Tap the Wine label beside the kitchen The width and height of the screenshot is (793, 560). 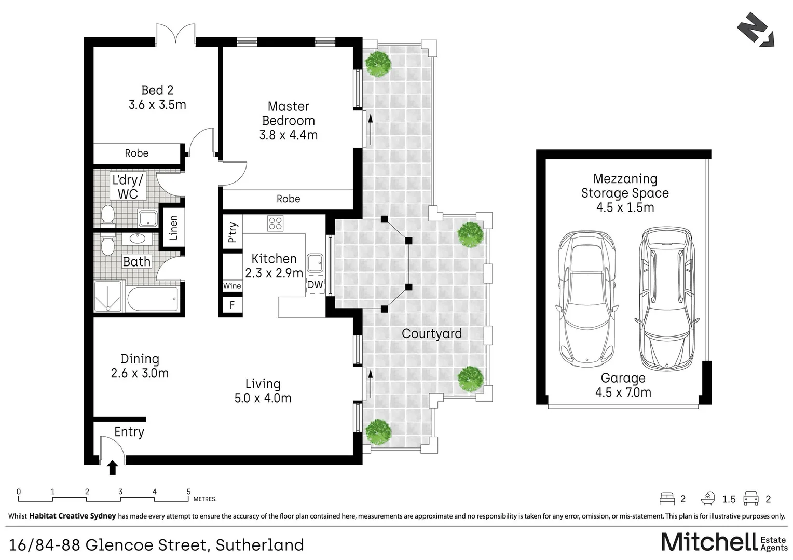pos(232,286)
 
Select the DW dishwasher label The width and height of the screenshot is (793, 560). pos(315,285)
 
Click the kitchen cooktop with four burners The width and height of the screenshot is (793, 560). pos(275,223)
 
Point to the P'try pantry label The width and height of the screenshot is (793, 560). pos(232,232)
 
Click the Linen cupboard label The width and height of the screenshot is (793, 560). pos(173,228)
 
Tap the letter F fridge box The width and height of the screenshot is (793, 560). pos(232,304)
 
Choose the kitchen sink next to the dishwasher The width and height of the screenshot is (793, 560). pos(315,263)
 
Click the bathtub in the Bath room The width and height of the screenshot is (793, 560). pos(153,299)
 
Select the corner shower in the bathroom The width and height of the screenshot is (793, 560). pos(107,297)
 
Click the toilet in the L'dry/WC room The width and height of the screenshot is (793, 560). pos(107,216)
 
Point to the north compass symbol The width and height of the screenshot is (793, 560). pos(756,30)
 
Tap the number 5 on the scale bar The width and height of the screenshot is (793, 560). pos(189,492)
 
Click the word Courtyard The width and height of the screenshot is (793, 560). pos(432,333)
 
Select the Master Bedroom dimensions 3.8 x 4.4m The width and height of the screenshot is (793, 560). pos(288,135)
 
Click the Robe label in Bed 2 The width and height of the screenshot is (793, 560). pos(136,153)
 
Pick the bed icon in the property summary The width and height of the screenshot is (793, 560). pos(667,498)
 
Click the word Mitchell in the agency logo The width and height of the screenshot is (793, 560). pos(709,542)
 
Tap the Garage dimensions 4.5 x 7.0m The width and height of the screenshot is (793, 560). pos(623,393)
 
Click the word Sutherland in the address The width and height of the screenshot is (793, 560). pos(260,545)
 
